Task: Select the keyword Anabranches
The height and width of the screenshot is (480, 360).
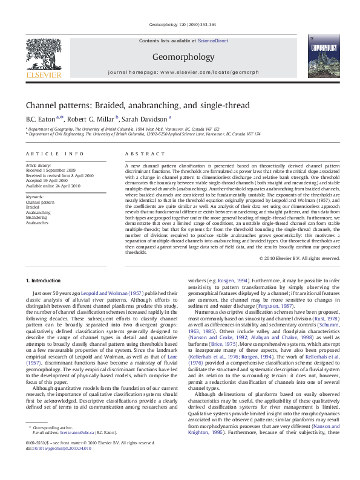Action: (x=37, y=222)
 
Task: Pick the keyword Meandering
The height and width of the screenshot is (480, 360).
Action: (x=37, y=218)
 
